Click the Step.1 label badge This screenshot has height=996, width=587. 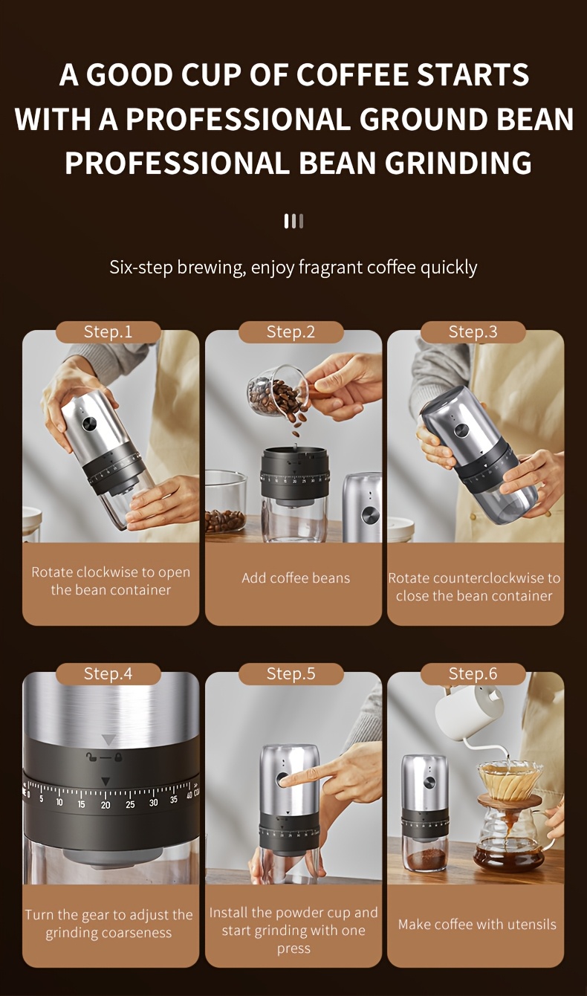(x=108, y=332)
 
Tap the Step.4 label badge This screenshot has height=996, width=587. (x=108, y=673)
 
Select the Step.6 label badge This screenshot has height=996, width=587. (x=473, y=673)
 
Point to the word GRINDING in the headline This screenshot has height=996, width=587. (x=458, y=163)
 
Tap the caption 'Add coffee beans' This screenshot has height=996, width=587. (x=296, y=578)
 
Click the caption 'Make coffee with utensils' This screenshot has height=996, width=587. (x=477, y=925)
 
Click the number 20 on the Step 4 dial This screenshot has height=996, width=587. (x=106, y=804)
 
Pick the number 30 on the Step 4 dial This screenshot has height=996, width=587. (x=153, y=803)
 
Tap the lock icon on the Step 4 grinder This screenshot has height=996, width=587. (x=118, y=757)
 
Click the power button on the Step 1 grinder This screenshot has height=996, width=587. (x=89, y=424)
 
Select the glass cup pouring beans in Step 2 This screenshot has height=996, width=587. (x=278, y=393)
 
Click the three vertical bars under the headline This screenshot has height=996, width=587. (x=293, y=221)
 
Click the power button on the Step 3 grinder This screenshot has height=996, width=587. (x=461, y=430)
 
